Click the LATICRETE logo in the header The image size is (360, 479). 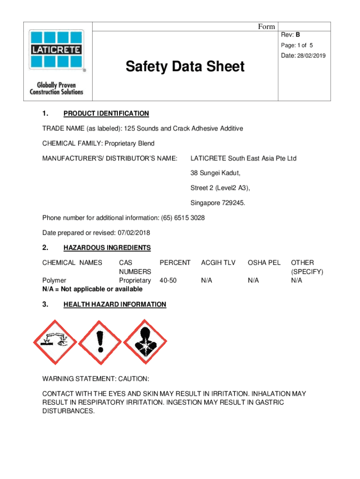[57, 50]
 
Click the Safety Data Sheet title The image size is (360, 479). [185, 67]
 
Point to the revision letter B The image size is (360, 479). [297, 35]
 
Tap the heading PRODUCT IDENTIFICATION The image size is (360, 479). [106, 113]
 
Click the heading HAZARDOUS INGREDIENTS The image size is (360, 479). [107, 247]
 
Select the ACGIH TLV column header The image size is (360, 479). [218, 263]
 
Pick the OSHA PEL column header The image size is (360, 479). [264, 263]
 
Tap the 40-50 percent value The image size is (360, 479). [168, 281]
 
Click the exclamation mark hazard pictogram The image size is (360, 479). [99, 343]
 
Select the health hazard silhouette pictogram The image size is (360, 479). [146, 343]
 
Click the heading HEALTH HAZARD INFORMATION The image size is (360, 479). [115, 305]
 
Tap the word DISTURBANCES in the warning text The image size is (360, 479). [68, 411]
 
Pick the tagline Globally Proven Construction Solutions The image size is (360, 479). [57, 88]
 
